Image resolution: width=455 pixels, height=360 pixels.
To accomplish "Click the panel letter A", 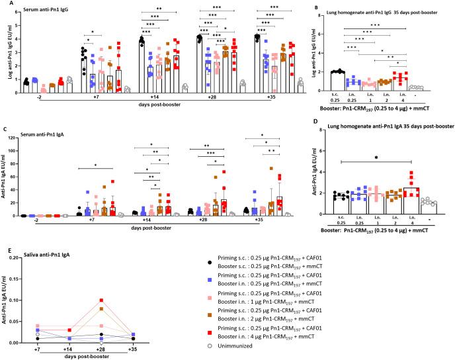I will [x=4, y=4].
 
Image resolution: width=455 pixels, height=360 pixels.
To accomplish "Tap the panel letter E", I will [x=4, y=250].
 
